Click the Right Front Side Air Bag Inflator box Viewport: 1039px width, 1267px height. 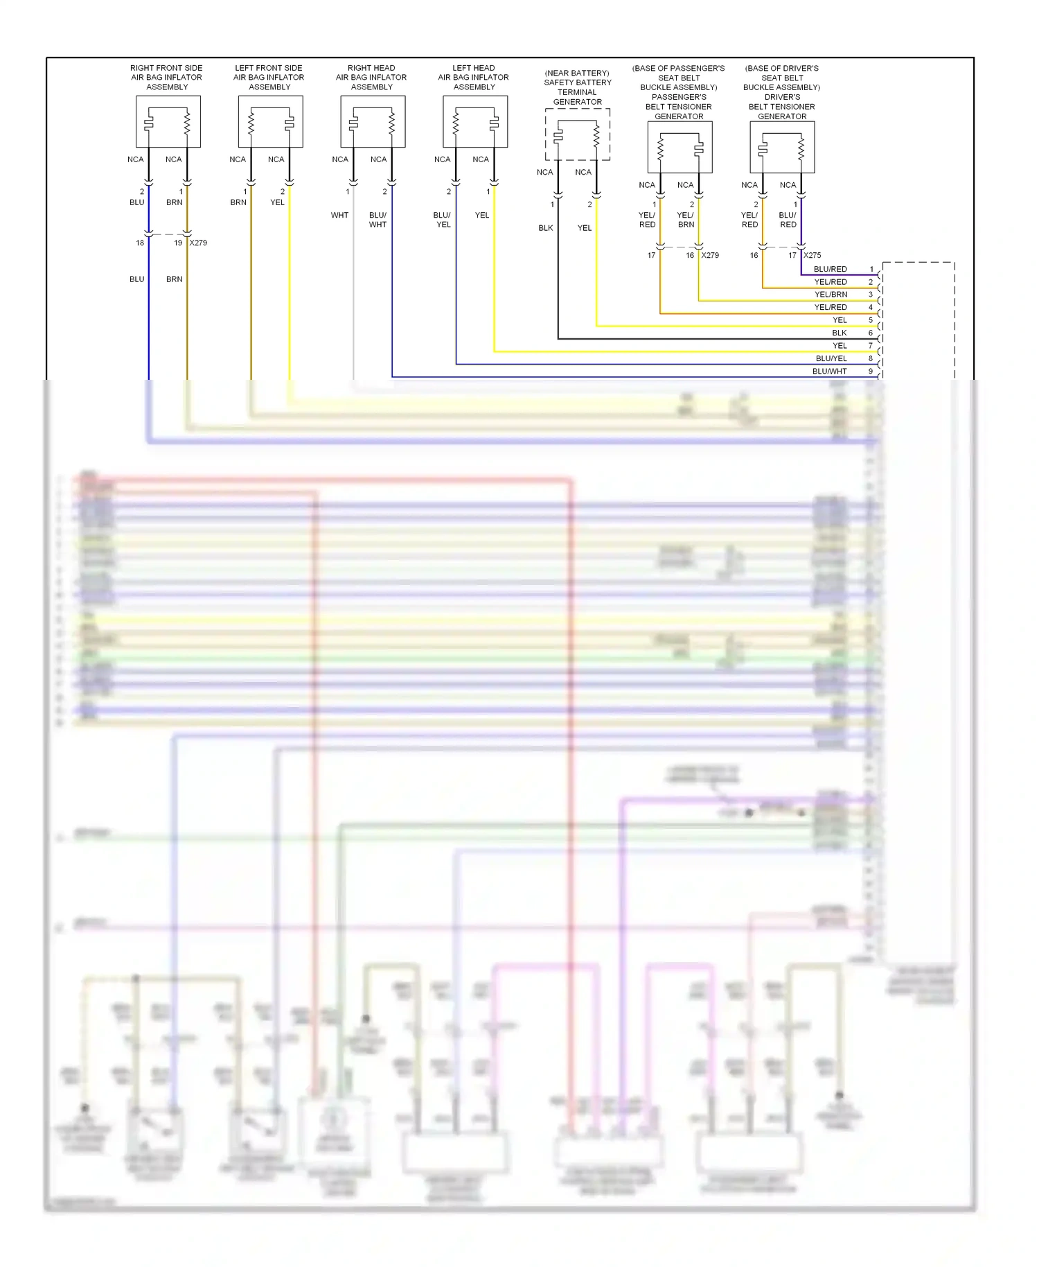coord(168,122)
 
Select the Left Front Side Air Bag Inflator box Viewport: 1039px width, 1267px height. coord(270,122)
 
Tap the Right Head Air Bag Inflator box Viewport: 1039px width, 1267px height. coord(373,122)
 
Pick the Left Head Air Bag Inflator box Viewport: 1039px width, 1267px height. coord(475,122)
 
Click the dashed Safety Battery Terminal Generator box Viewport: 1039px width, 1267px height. coord(577,134)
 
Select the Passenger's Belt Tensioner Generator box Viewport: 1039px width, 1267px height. coord(680,148)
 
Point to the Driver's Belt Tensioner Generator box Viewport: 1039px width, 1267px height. coord(782,148)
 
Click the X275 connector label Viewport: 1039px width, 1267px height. coord(812,256)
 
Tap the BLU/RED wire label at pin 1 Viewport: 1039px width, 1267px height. coord(830,270)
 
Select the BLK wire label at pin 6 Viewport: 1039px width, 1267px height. coord(840,333)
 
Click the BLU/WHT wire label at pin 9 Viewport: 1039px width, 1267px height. coord(829,372)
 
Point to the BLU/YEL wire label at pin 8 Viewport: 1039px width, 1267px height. coord(831,359)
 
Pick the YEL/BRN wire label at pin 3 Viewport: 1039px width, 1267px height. coord(831,295)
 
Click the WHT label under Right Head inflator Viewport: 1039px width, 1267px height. coord(339,216)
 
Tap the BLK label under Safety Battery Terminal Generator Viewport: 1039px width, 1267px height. coord(546,228)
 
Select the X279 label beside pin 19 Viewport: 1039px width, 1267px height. coord(198,243)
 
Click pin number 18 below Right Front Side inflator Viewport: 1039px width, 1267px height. coord(140,243)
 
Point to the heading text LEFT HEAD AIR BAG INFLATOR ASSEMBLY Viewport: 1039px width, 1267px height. coord(474,78)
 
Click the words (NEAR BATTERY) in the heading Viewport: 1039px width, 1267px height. coord(577,73)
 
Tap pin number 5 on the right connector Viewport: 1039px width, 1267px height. coord(871,320)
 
